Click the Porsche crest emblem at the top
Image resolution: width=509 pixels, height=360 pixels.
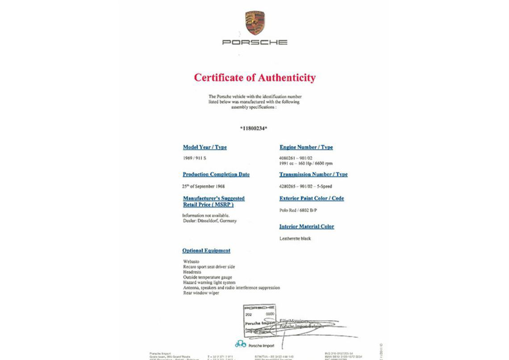pos(254,23)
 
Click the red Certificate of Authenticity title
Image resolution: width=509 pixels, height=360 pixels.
pos(254,78)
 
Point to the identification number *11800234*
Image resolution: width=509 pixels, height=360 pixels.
pos(254,128)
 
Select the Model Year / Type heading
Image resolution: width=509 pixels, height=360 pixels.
pos(204,147)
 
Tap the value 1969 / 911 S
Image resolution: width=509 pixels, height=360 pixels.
pos(195,158)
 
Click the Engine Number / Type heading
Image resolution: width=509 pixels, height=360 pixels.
pos(306,147)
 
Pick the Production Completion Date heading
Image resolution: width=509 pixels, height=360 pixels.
pos(216,174)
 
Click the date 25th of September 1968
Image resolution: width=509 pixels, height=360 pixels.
pos(203,186)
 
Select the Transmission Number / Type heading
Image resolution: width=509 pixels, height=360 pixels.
pos(313,174)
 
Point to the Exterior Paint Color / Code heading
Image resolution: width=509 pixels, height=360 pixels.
pos(312,199)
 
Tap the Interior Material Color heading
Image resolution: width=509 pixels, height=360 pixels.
pos(306,227)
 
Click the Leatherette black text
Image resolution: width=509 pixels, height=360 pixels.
pos(295,239)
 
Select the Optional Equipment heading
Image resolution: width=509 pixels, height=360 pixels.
pos(206,251)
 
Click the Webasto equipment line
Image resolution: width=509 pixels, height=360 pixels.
pos(191,261)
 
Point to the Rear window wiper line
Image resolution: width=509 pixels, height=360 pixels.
pos(201,293)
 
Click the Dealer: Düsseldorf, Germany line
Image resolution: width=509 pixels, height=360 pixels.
pos(210,221)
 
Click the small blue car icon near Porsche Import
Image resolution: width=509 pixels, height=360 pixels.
pos(241,344)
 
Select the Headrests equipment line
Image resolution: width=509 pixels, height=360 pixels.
pos(192,272)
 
